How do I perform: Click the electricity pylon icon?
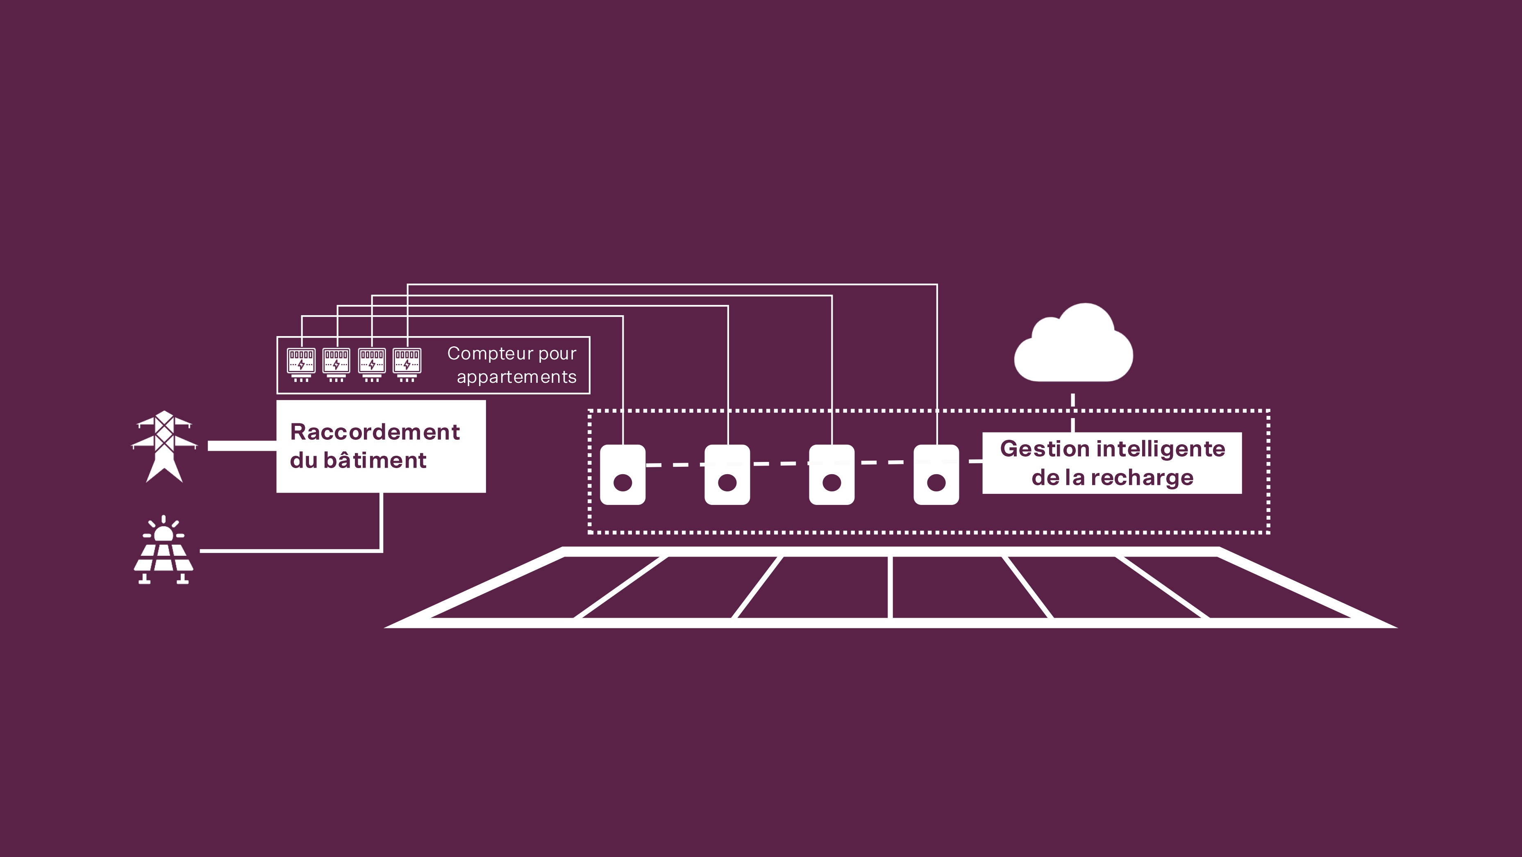pos(164,446)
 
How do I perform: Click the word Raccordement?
pos(375,432)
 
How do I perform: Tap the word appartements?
pos(516,377)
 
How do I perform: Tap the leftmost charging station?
pos(623,474)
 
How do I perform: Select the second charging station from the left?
pos(727,474)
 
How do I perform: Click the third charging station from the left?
pos(831,474)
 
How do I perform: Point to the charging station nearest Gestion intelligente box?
pos(936,474)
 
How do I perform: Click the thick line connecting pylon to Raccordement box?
pos(242,446)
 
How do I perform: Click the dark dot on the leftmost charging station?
pos(623,483)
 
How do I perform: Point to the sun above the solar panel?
pos(163,532)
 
